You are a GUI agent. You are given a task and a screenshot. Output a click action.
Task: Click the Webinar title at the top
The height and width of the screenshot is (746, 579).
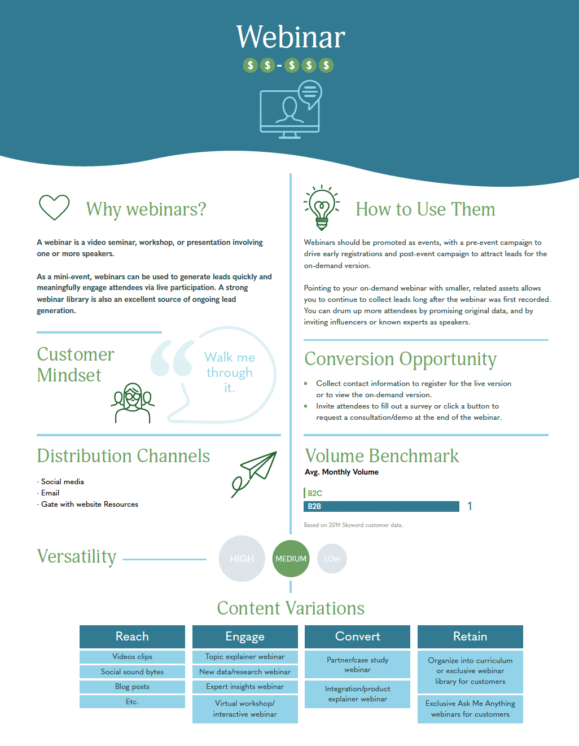291,37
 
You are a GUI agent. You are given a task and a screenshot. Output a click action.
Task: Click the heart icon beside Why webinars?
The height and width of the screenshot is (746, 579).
54,207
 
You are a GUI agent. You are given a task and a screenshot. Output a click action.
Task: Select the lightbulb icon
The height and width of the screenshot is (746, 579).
322,207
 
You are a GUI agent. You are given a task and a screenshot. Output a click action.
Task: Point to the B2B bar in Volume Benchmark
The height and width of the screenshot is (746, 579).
381,506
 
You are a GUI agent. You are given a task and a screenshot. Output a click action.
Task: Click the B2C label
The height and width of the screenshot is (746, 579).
315,493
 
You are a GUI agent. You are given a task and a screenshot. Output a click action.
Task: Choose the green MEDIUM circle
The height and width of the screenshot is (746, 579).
291,559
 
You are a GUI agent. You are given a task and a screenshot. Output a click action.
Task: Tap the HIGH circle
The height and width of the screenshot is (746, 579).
242,559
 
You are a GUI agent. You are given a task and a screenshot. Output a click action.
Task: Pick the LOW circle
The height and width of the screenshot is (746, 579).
332,559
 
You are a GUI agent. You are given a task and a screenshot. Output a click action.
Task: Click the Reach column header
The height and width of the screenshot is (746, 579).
132,637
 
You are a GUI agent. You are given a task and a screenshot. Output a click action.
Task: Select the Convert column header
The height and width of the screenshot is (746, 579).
357,637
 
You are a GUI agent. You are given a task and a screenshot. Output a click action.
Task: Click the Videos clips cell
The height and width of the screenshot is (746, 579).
132,657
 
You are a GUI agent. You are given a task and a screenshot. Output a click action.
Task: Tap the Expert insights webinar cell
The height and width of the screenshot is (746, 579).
245,687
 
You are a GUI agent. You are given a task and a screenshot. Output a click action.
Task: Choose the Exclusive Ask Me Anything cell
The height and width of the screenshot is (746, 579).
470,709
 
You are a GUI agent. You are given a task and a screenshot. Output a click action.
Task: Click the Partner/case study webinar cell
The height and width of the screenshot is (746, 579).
357,665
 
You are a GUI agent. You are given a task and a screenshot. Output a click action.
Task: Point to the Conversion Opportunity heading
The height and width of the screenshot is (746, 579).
400,359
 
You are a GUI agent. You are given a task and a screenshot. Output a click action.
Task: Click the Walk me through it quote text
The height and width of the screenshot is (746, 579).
230,372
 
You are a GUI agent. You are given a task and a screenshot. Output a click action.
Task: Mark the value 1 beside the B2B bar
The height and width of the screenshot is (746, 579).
470,506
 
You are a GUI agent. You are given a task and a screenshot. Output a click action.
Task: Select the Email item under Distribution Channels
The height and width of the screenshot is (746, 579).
50,493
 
